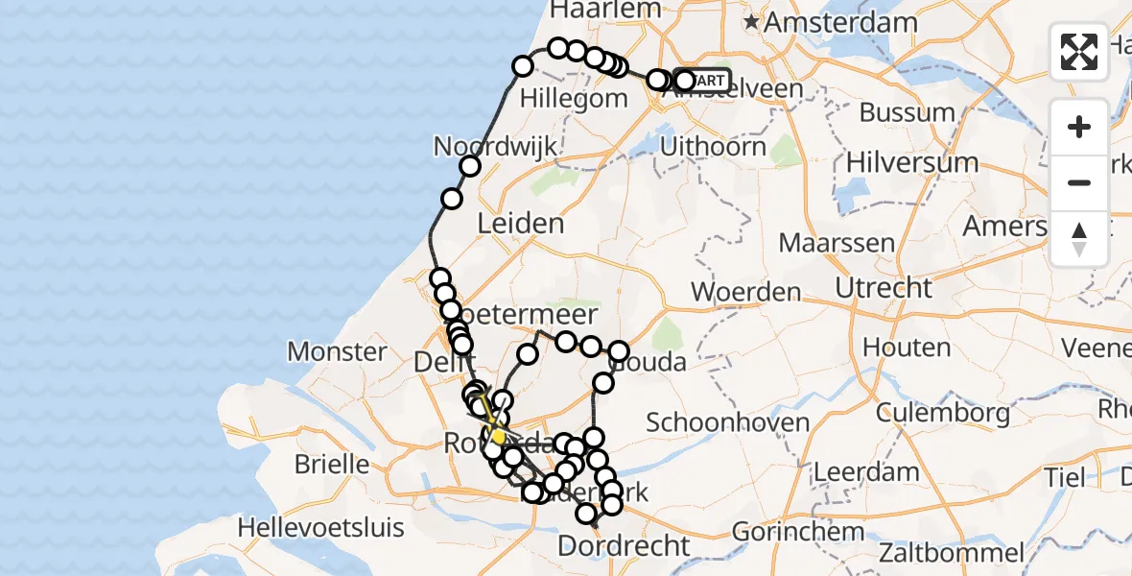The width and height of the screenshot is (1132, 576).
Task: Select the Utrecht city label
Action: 884,287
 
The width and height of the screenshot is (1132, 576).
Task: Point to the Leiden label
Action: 521,224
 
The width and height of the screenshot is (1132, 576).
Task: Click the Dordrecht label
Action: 624,546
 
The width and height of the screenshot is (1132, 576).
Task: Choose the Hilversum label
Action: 912,162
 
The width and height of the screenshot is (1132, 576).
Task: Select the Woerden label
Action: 745,292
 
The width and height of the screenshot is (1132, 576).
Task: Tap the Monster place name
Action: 337,351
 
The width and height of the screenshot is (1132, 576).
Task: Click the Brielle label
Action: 331,465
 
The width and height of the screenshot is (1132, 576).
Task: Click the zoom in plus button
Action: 1079,127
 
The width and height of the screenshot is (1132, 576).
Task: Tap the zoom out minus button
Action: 1079,182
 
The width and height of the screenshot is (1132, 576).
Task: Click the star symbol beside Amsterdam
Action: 754,21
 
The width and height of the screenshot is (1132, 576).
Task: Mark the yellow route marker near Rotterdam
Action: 497,437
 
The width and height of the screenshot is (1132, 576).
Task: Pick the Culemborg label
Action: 944,415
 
